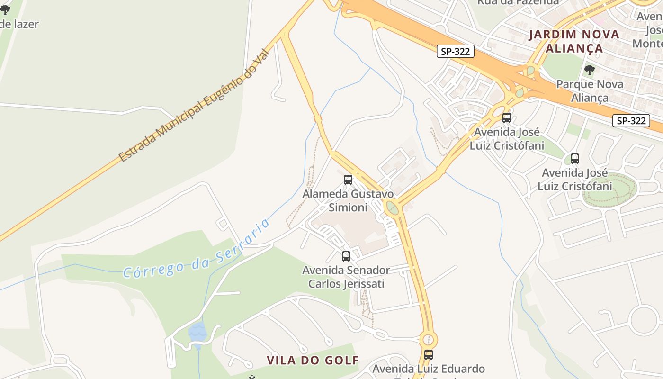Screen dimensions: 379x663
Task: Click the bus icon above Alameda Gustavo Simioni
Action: tap(348, 180)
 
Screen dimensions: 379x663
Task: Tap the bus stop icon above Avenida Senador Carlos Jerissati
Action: tap(346, 256)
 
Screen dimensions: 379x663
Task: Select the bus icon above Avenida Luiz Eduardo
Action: tap(429, 354)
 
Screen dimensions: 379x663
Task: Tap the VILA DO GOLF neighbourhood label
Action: tap(313, 361)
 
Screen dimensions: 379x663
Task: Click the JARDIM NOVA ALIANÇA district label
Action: tap(574, 41)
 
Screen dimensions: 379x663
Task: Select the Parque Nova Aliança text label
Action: tap(590, 91)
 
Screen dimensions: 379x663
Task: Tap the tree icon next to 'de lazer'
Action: tap(5, 10)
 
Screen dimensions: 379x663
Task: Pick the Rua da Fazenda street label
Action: tap(518, 2)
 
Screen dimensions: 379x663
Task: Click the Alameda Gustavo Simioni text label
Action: tap(348, 200)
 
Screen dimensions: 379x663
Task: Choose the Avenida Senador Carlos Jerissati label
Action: tap(346, 277)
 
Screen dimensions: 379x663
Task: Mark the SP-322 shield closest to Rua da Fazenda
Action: tap(455, 52)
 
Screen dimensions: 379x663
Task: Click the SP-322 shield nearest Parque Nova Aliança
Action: tap(631, 121)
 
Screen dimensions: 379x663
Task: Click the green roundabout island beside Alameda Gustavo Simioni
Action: tap(392, 208)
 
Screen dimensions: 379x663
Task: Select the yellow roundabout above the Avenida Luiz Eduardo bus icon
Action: tap(428, 339)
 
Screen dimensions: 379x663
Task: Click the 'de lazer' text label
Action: tap(19, 24)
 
